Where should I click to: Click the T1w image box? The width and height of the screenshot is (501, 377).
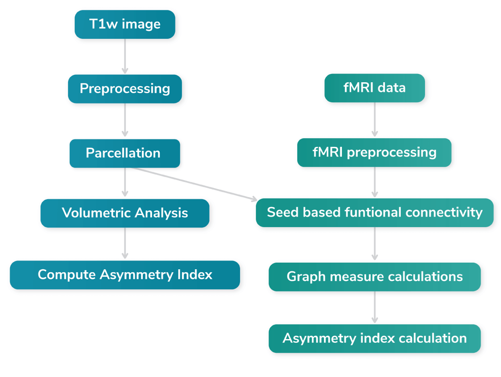(x=125, y=24)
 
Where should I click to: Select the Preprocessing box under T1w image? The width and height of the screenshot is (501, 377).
(x=125, y=88)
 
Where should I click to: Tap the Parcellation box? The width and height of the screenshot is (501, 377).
(x=125, y=153)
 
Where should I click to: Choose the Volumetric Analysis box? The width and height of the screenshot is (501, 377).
(x=125, y=213)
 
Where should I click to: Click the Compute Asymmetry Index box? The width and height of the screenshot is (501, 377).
(x=125, y=275)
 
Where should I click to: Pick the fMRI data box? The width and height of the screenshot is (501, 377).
(x=374, y=88)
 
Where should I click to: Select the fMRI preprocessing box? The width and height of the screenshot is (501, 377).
(x=374, y=152)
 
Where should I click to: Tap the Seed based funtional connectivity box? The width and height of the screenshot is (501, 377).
(x=374, y=212)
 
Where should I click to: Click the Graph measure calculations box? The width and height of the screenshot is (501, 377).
(x=374, y=276)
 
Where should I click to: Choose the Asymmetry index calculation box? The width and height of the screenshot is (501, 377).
(x=374, y=338)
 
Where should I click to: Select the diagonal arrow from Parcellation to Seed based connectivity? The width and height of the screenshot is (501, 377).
(x=193, y=184)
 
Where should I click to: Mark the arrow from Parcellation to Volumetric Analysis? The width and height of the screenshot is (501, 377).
(x=125, y=183)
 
